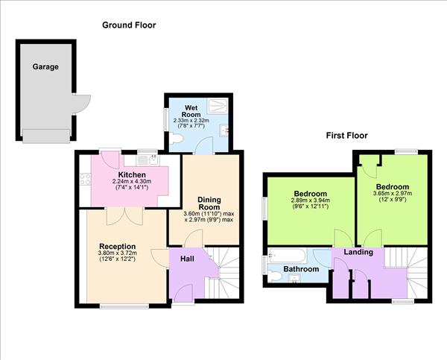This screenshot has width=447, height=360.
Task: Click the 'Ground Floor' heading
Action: (x=129, y=25)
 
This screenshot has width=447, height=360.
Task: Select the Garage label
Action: (x=45, y=67)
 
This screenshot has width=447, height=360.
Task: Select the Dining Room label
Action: (x=211, y=203)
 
